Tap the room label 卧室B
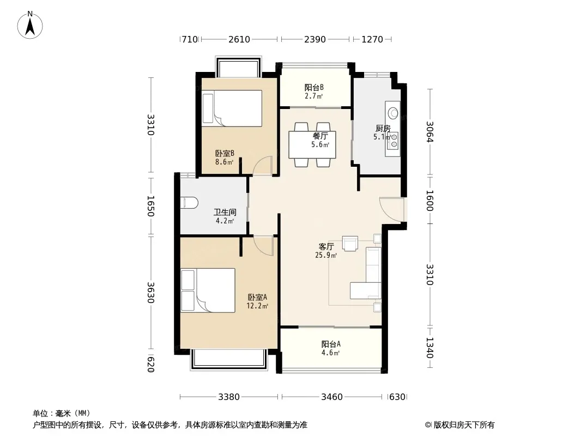coord(224,154)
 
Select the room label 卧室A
coord(257,297)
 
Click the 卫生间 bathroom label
coord(224,213)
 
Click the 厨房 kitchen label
coord(383,129)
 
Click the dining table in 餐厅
coord(312,144)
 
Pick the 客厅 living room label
coord(326,246)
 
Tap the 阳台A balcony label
coord(331,344)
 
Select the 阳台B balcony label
coord(314,87)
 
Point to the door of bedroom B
coord(263,166)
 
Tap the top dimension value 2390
coord(315,39)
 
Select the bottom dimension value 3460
coord(331,397)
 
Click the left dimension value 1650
coord(150,206)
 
